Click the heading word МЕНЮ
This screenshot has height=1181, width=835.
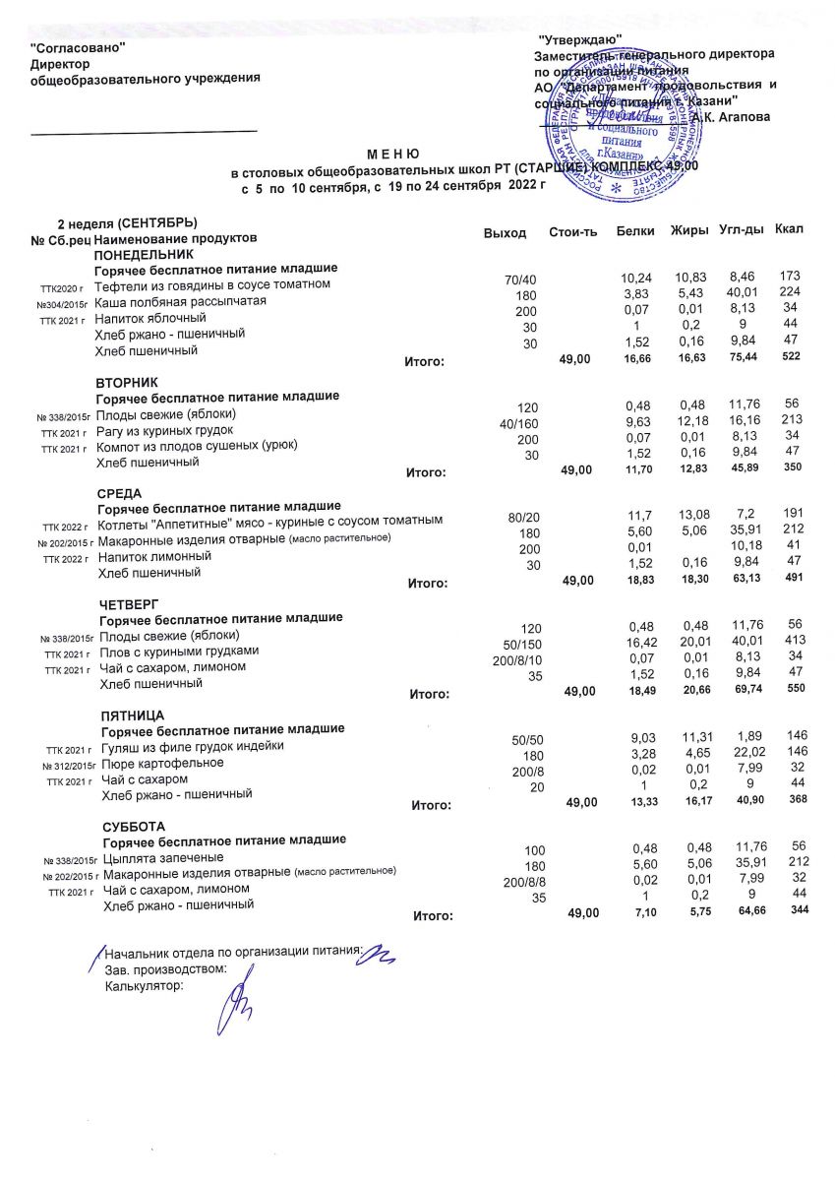point(393,155)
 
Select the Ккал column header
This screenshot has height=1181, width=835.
point(789,229)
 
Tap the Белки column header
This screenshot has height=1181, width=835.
point(635,230)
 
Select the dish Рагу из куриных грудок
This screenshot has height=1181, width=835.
point(164,429)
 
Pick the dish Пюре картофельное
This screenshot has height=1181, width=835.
point(155,763)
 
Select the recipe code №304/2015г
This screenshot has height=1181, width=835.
point(63,302)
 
